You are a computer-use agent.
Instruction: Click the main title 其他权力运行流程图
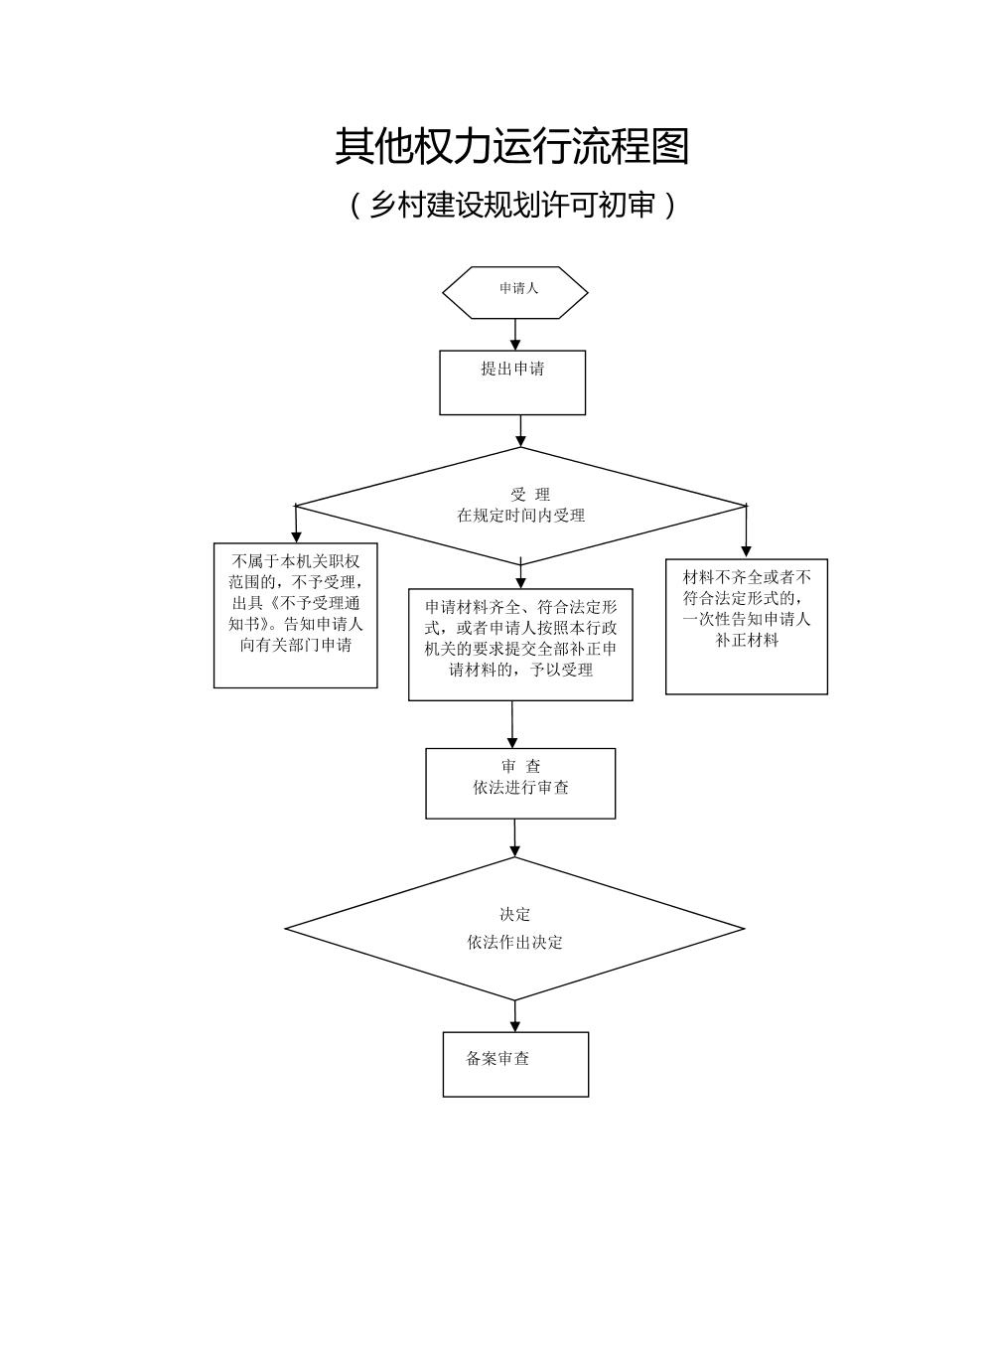point(511,146)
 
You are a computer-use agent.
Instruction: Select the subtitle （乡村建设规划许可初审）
point(511,205)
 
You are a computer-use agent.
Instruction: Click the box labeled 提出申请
point(512,382)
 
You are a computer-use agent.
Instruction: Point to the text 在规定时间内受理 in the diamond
point(520,516)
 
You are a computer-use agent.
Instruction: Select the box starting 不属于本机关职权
point(296,615)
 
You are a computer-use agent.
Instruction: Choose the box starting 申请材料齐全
point(520,645)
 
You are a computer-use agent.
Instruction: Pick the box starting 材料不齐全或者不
point(747,627)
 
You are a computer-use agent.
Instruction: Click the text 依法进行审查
point(521,788)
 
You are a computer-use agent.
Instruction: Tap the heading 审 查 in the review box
point(521,767)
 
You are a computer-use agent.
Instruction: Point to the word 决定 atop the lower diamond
point(515,914)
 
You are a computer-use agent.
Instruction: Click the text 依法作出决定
point(515,942)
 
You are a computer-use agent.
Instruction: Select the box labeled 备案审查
point(515,1064)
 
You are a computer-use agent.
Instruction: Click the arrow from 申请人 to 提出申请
point(515,335)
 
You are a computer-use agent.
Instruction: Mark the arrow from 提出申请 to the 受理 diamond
point(520,431)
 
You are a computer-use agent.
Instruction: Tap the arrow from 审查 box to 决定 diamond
point(514,838)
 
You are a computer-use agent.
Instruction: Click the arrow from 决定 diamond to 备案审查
point(515,1016)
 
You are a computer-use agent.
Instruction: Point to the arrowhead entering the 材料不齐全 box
point(747,551)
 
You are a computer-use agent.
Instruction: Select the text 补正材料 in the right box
point(747,641)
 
